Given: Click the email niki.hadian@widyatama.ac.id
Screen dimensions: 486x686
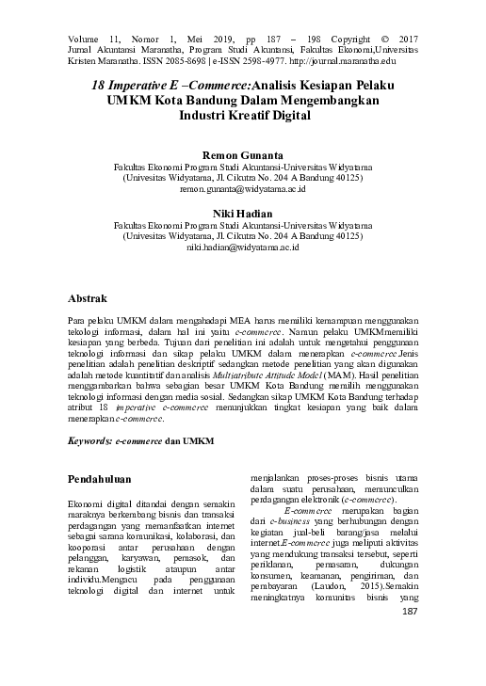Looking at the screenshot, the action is pyautogui.click(x=243, y=248).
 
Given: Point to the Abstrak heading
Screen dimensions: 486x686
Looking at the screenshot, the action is pyautogui.click(x=92, y=298).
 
